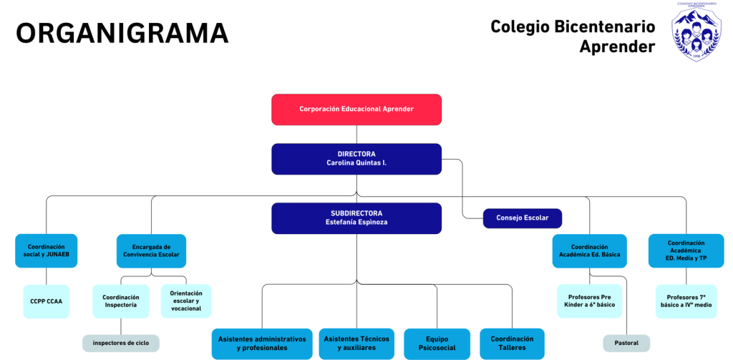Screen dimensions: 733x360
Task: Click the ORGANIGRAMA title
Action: click(122, 33)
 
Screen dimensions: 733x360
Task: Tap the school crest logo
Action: click(696, 31)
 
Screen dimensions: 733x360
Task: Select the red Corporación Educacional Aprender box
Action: click(356, 110)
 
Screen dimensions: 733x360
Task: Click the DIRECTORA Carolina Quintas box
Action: click(356, 159)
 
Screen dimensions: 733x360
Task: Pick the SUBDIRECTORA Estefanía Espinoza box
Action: click(356, 218)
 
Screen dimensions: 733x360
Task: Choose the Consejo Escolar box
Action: click(522, 218)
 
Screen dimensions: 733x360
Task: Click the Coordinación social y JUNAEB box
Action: click(47, 250)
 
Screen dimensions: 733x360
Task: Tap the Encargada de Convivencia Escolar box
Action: click(151, 250)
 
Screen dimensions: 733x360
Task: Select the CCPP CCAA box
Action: click(47, 301)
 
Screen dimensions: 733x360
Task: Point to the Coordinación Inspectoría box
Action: click(120, 301)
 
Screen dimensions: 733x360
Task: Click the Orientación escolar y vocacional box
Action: click(186, 301)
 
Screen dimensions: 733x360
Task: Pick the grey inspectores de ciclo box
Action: click(120, 343)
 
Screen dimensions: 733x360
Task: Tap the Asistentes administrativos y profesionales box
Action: click(262, 344)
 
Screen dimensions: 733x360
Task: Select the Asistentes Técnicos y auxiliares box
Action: click(356, 344)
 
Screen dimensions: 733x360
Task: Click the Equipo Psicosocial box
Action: click(437, 344)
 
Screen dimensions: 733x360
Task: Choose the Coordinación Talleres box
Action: click(512, 344)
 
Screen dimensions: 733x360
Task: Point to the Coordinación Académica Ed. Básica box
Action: click(590, 251)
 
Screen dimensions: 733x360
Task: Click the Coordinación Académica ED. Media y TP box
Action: click(686, 250)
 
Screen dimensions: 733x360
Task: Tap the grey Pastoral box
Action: click(626, 343)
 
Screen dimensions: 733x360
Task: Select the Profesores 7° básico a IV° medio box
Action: click(686, 301)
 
